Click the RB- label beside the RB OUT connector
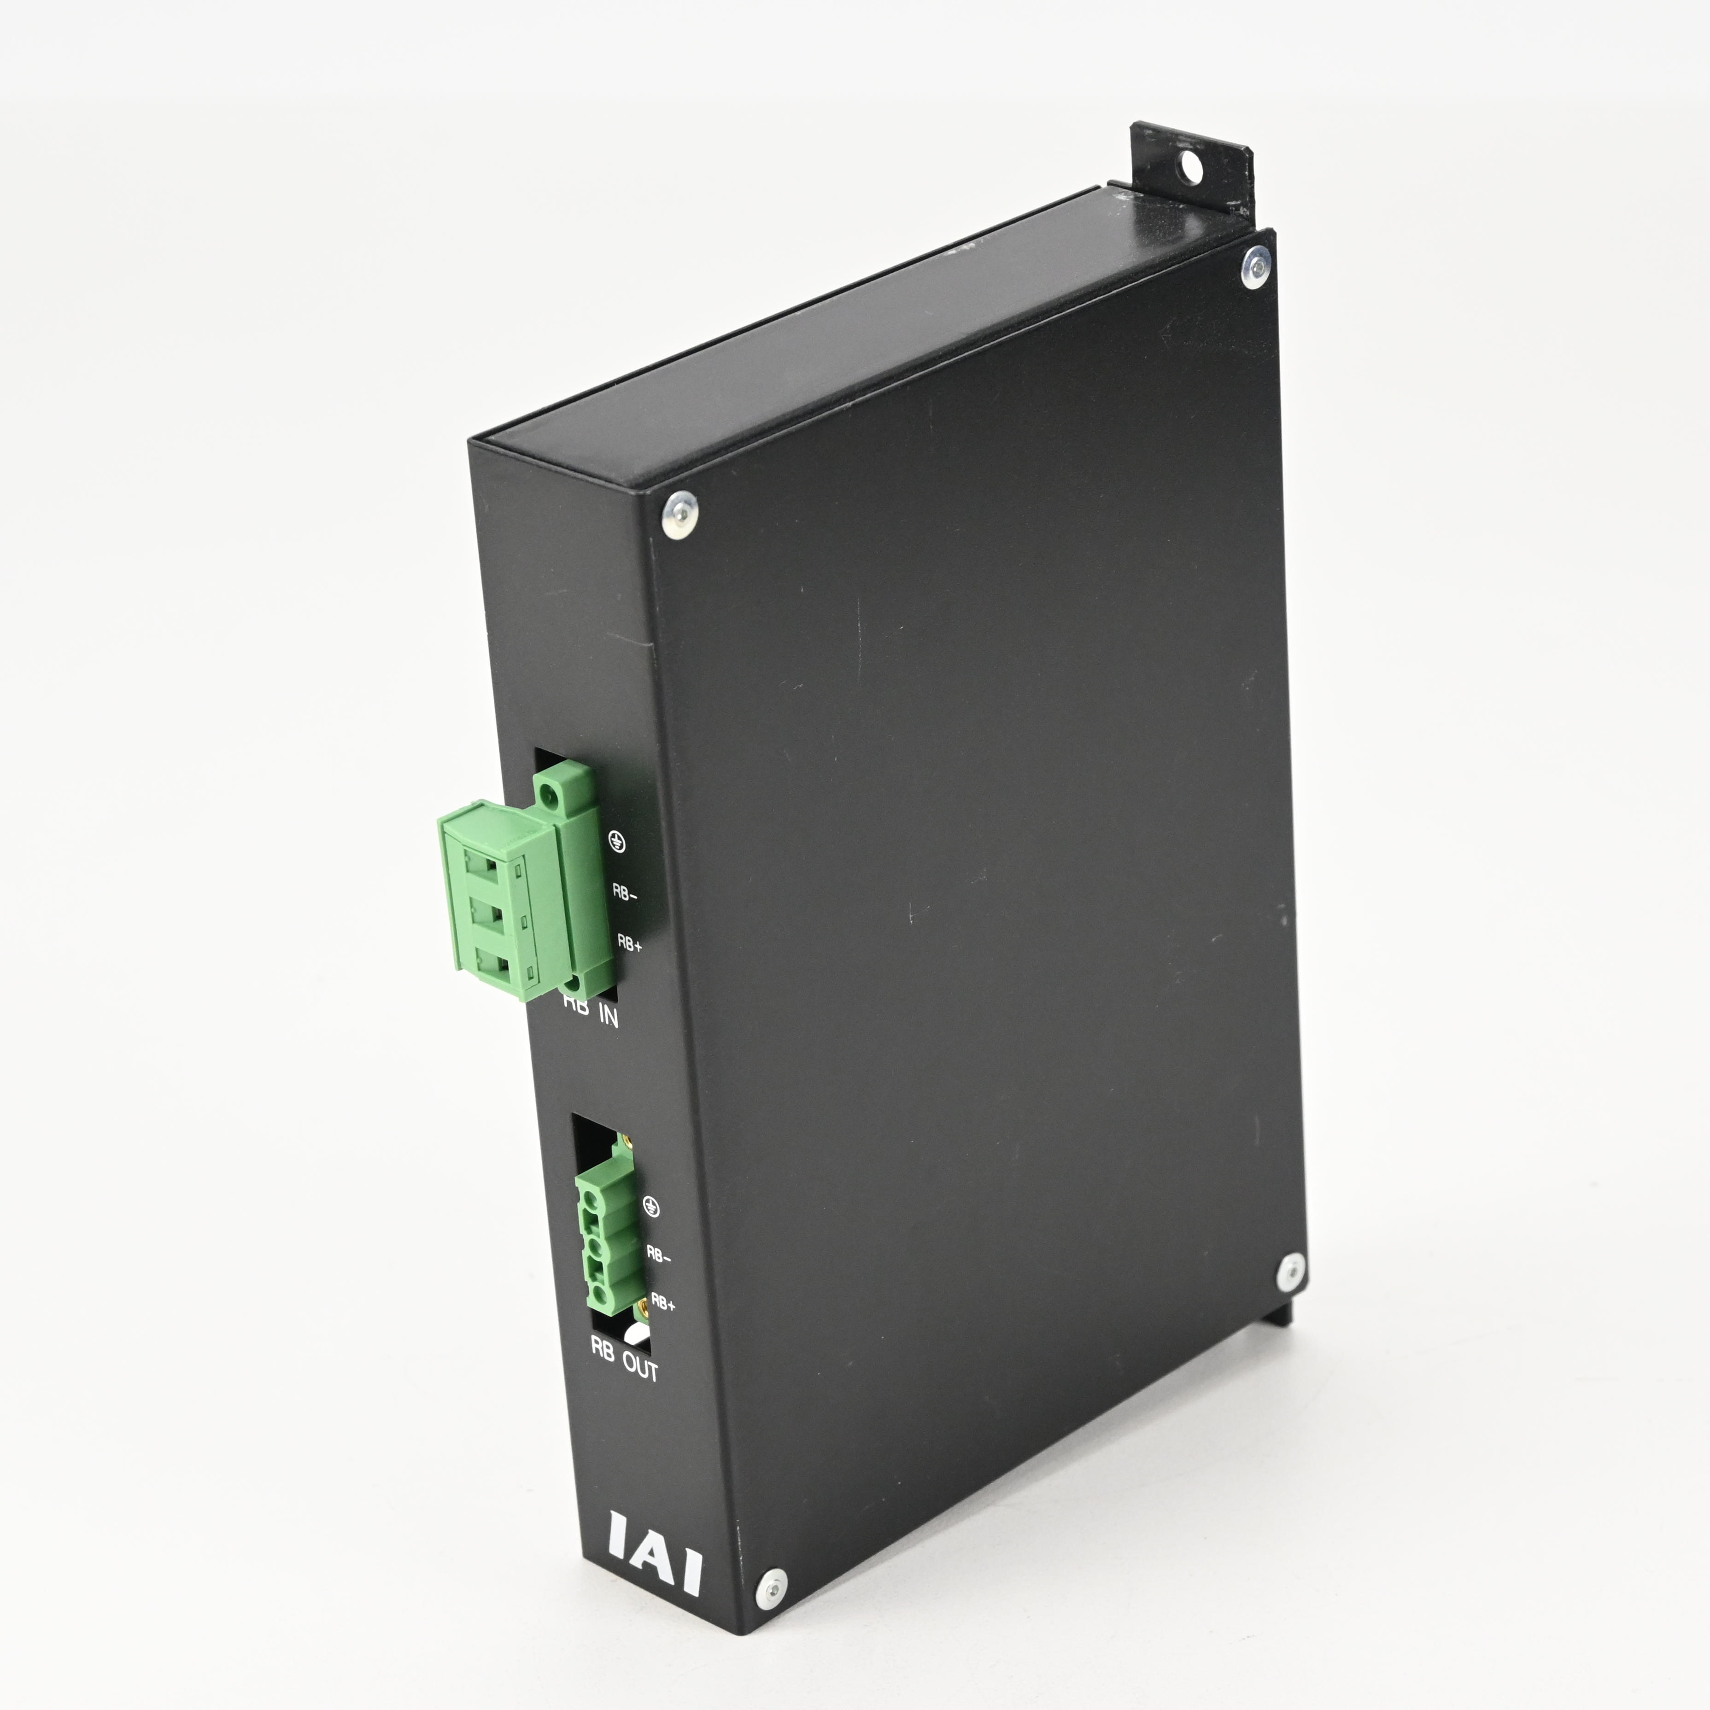coord(658,1255)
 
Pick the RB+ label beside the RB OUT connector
coord(663,1304)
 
